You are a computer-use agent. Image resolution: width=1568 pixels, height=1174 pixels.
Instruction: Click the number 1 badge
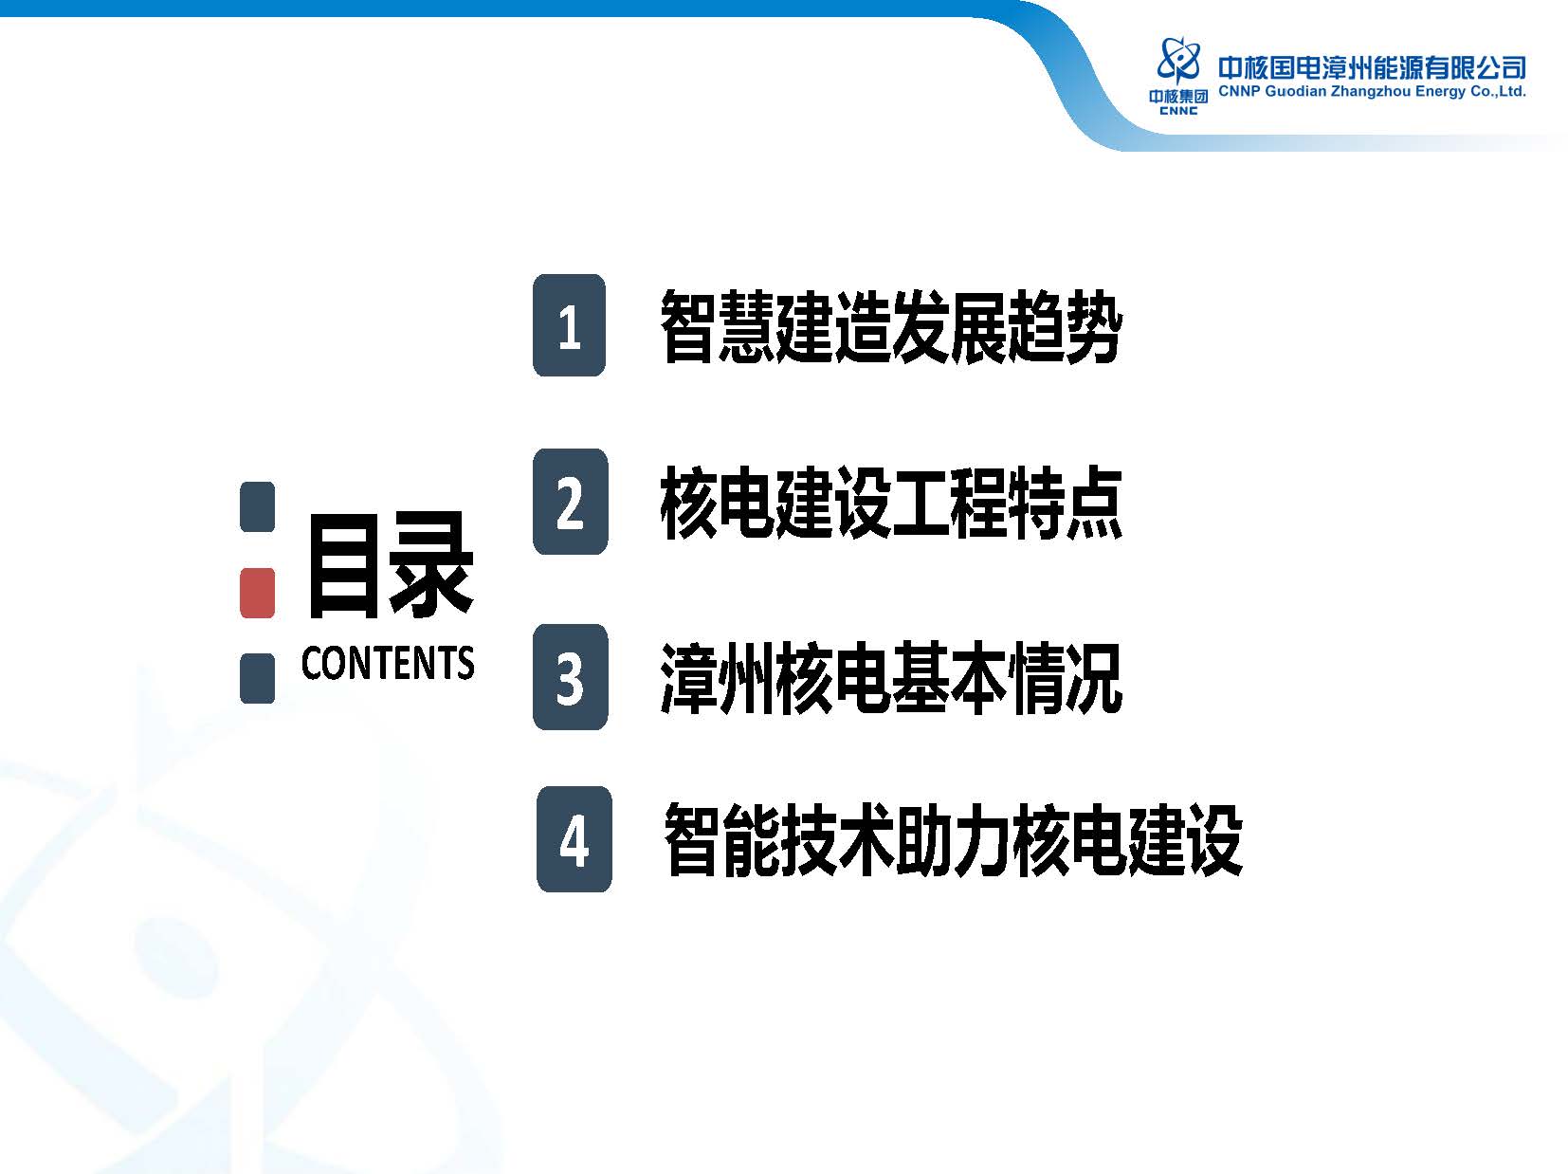[569, 325]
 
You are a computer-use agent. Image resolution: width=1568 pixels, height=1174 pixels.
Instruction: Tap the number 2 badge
[570, 501]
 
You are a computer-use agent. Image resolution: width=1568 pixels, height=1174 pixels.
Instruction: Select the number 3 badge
[570, 677]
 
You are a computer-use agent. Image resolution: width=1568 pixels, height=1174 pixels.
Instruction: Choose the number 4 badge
[574, 839]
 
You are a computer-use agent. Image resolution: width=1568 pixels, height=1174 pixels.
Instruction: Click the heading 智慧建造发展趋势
[891, 326]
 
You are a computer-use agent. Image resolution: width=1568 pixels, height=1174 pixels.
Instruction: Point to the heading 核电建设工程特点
[891, 503]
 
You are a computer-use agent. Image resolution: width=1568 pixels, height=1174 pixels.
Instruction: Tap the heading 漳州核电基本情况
[891, 678]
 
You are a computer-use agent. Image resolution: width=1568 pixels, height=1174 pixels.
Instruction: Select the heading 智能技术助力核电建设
[954, 840]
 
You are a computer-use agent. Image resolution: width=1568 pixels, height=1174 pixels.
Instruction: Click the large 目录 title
[390, 564]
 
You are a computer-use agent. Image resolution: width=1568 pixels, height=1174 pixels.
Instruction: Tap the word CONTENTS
[388, 662]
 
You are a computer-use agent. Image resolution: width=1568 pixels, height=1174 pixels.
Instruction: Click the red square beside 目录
[257, 593]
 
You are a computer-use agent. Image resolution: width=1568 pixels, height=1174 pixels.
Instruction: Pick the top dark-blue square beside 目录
[257, 506]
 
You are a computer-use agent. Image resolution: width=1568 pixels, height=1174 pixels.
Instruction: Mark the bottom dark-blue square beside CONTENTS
[257, 678]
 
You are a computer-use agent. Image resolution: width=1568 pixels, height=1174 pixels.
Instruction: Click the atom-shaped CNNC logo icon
[1178, 61]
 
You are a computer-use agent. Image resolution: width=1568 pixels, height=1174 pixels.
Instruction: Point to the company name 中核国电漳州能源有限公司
[1372, 68]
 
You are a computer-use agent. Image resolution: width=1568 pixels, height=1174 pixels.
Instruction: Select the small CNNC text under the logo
[1178, 111]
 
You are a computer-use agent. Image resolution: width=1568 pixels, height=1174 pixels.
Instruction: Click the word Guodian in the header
[1295, 91]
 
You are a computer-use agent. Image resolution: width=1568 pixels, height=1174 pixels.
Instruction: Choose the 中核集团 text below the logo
[1178, 97]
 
